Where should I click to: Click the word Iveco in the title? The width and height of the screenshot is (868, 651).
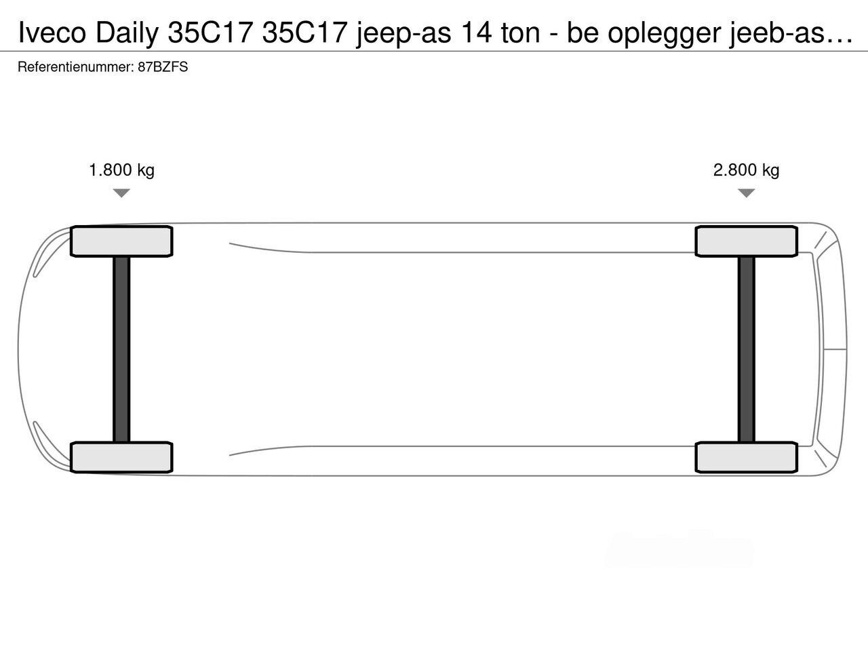pyautogui.click(x=52, y=33)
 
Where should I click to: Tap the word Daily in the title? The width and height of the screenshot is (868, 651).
pyautogui.click(x=127, y=34)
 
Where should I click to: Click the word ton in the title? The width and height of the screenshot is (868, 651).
pyautogui.click(x=520, y=33)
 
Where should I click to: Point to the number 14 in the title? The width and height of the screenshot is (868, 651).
pyautogui.click(x=476, y=33)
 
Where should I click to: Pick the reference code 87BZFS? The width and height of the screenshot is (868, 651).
pyautogui.click(x=163, y=67)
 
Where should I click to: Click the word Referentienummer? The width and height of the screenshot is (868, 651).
pyautogui.click(x=76, y=67)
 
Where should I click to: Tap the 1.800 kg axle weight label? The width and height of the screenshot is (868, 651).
pyautogui.click(x=122, y=170)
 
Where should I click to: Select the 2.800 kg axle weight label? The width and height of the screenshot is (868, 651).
pyautogui.click(x=746, y=170)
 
